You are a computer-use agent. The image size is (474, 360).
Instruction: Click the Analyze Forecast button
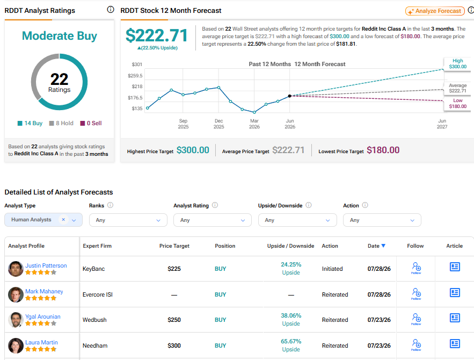click(x=435, y=11)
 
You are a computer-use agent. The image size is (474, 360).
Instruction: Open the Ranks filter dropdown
click(x=128, y=220)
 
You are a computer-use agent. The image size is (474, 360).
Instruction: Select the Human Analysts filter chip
click(x=43, y=220)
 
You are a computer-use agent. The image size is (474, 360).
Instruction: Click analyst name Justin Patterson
click(x=46, y=265)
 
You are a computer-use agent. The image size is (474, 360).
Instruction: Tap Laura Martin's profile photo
click(x=16, y=346)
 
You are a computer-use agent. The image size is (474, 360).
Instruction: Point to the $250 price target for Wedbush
click(x=174, y=320)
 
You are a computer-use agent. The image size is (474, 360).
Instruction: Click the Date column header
click(x=376, y=246)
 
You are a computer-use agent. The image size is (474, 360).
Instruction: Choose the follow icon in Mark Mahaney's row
click(x=416, y=294)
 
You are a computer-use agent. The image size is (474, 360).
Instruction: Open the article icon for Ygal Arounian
click(x=455, y=318)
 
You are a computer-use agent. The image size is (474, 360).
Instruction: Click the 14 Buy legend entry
click(x=30, y=123)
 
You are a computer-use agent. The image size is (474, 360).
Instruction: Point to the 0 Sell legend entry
click(x=91, y=123)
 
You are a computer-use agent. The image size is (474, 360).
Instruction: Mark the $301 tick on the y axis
click(x=137, y=64)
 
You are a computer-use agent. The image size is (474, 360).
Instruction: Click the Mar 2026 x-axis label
click(x=254, y=124)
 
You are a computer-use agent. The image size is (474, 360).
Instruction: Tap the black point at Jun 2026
click(x=289, y=96)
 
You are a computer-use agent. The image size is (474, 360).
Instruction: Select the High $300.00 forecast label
click(x=457, y=64)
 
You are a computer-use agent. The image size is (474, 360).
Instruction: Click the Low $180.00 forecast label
click(x=457, y=104)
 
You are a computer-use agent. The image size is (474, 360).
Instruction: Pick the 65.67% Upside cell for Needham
click(x=291, y=345)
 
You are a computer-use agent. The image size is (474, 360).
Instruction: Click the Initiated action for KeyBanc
click(x=332, y=269)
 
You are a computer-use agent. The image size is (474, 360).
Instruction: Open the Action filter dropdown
click(x=382, y=220)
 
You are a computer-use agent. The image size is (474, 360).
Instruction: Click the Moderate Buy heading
click(x=60, y=35)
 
